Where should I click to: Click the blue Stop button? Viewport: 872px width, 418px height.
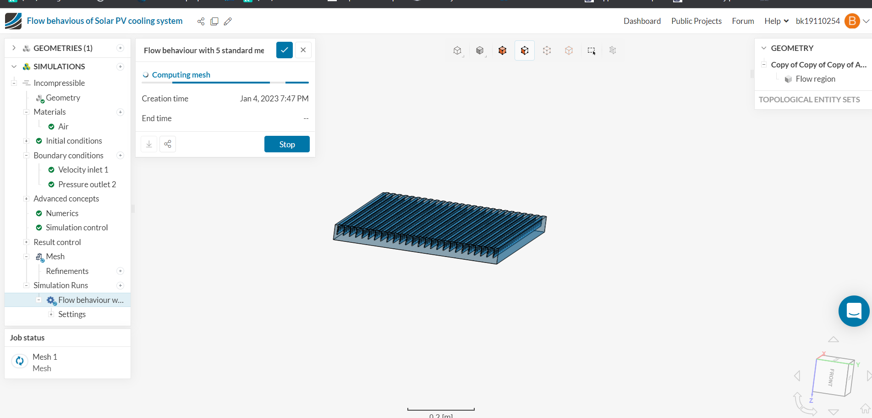287,144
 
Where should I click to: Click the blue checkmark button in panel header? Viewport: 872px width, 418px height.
284,50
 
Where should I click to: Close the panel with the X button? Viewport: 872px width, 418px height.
303,50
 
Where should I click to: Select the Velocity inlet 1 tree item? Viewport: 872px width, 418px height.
83,170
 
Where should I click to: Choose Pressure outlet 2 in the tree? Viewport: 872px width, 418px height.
87,184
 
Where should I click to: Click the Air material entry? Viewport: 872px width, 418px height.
63,127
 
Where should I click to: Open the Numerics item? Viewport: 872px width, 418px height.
62,213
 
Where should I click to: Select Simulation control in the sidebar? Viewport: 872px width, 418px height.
77,228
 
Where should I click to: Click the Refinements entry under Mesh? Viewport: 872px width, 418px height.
67,271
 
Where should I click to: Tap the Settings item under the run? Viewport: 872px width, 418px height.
71,314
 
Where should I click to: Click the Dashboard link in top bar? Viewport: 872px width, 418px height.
642,21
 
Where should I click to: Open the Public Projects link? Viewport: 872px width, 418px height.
696,21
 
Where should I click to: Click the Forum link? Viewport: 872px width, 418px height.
742,21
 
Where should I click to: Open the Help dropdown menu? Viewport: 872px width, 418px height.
776,21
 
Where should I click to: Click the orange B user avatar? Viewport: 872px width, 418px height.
851,21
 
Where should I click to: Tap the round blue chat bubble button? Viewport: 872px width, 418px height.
853,311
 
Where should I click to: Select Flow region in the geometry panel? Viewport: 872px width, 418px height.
815,79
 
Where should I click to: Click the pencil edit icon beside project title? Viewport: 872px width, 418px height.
228,22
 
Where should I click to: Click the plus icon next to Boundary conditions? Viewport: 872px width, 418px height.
121,156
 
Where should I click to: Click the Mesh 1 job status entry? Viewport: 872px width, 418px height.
44,357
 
